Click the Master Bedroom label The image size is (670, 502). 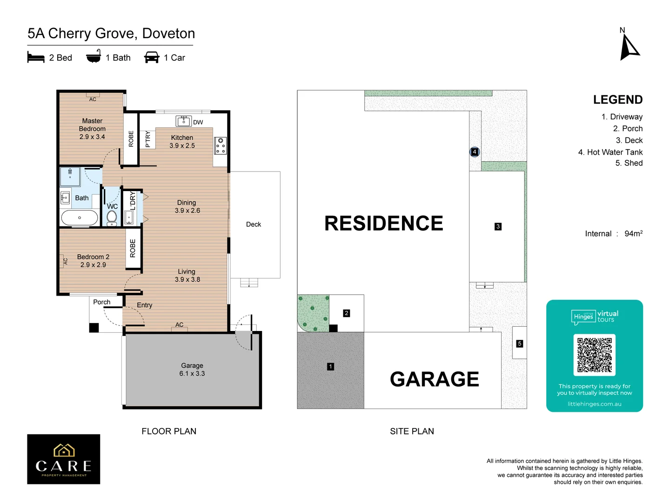(x=92, y=129)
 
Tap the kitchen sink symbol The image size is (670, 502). (x=184, y=121)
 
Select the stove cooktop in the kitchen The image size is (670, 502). (x=221, y=146)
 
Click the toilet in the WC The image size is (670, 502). (x=112, y=217)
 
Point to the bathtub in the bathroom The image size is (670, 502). (x=80, y=218)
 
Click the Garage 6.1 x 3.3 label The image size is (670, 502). (x=192, y=370)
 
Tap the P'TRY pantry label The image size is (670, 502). (x=147, y=139)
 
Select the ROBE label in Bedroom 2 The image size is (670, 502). (x=133, y=249)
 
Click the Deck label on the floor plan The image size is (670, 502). (x=254, y=225)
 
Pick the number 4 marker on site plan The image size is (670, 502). (x=474, y=152)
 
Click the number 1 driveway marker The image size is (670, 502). (x=330, y=367)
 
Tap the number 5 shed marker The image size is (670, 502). (x=520, y=344)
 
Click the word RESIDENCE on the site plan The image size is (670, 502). (x=383, y=224)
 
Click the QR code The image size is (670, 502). (x=594, y=355)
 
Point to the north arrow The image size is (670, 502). (x=629, y=48)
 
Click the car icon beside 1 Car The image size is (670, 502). (x=152, y=58)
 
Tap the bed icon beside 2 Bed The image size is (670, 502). (x=36, y=58)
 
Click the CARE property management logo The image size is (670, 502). (x=64, y=459)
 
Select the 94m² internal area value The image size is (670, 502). (x=633, y=233)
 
